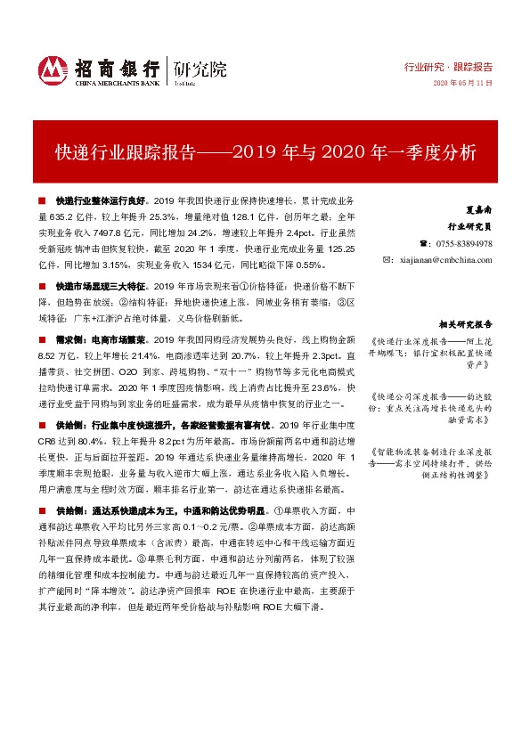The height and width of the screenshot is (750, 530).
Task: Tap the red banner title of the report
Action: pos(265,151)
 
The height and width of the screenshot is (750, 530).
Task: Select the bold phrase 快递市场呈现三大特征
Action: pos(102,287)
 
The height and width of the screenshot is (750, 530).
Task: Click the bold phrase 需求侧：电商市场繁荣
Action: pos(102,340)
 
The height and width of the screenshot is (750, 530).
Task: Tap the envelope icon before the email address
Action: pos(387,259)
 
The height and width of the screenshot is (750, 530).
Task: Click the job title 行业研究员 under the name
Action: pos(472,227)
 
